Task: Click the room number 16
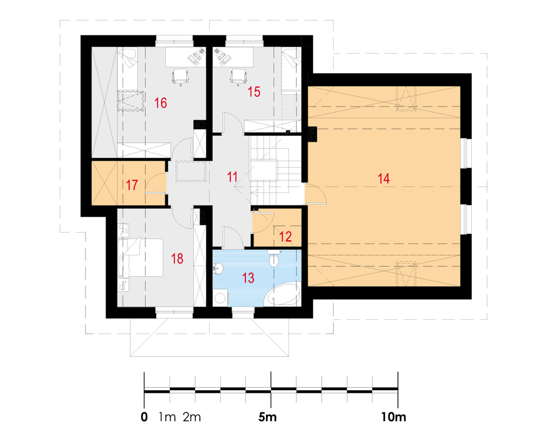(x=160, y=103)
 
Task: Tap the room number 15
(x=254, y=92)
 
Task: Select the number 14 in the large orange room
(x=384, y=178)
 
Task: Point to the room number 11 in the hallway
(x=232, y=177)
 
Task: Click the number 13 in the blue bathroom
(x=248, y=277)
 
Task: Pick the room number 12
(x=286, y=237)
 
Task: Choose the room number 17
(x=132, y=185)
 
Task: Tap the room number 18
(x=177, y=259)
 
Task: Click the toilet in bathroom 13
(x=274, y=259)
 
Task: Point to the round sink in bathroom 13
(x=218, y=268)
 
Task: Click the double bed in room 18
(x=140, y=258)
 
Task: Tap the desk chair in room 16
(x=180, y=76)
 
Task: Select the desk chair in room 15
(x=239, y=76)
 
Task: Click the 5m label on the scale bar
(x=267, y=417)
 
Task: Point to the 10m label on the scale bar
(x=394, y=417)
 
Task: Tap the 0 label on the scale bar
(x=144, y=417)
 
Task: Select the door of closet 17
(x=155, y=183)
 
